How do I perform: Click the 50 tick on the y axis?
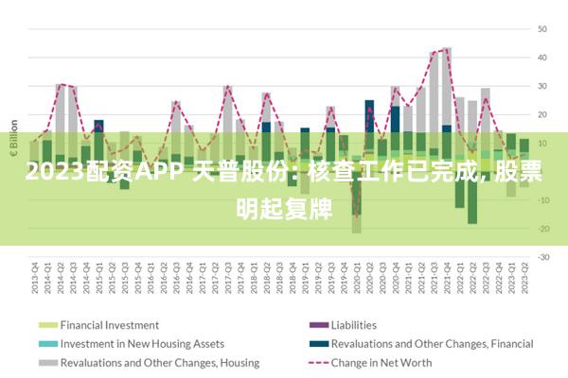click(544, 28)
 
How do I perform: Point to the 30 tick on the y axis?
click(544, 86)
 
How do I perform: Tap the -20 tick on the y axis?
click(542, 228)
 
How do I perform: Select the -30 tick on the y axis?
click(542, 256)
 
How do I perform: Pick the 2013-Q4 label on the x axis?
click(34, 276)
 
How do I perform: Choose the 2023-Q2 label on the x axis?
click(524, 276)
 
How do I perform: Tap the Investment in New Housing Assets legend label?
click(142, 343)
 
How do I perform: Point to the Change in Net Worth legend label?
click(382, 362)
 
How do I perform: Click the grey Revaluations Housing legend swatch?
click(47, 362)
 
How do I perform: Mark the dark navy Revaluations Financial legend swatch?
click(316, 343)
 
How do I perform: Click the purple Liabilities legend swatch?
click(316, 324)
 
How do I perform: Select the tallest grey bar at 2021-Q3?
click(447, 85)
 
